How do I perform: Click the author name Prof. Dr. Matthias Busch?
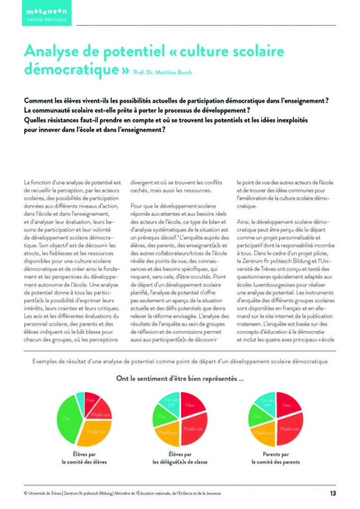[163, 72]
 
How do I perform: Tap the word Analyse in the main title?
[53, 51]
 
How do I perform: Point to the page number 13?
[333, 493]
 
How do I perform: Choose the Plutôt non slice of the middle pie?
[193, 428]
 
